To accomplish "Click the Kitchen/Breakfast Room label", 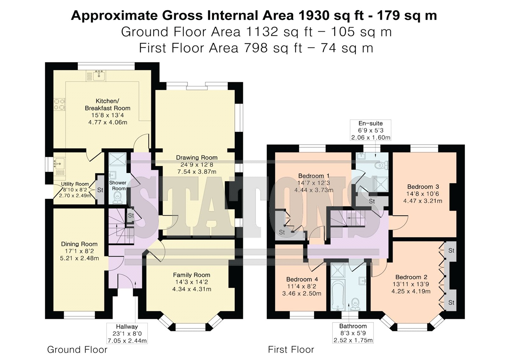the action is click(108, 104).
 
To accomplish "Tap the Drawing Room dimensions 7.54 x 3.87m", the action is click(197, 172).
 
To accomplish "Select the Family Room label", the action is click(192, 275).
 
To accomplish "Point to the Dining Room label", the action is click(79, 244).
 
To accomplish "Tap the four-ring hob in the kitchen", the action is click(59, 104).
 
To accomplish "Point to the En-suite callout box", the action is click(371, 130).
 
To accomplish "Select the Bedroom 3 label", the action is click(423, 187).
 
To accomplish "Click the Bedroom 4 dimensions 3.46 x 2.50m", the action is click(302, 293).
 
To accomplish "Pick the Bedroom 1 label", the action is click(314, 176).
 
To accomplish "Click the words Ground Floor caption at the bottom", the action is click(77, 349).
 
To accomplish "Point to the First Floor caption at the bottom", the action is click(291, 349).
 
